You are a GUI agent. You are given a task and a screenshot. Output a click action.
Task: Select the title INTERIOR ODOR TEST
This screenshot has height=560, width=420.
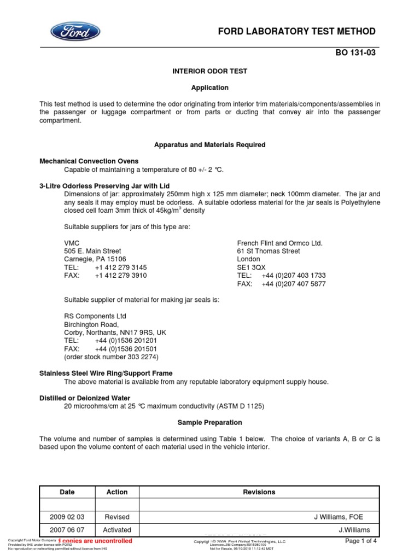click(209, 72)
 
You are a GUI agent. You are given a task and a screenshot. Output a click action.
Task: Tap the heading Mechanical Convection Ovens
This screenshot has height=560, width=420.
click(89, 161)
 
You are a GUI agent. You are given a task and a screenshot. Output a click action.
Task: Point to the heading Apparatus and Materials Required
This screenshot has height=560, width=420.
click(209, 145)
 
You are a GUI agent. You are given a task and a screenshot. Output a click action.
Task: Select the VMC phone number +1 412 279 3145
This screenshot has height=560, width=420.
click(120, 267)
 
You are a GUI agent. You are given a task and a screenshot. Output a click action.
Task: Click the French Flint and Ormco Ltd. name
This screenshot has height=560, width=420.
click(279, 243)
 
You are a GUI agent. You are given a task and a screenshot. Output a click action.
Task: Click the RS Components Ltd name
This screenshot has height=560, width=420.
click(95, 316)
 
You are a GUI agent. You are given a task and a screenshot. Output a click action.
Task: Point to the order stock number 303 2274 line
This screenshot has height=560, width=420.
click(111, 357)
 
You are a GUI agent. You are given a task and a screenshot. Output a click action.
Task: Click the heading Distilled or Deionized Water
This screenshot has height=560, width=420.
click(85, 398)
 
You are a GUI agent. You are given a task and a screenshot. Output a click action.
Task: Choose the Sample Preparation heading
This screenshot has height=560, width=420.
click(209, 423)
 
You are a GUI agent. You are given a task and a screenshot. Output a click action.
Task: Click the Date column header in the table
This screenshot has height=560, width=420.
click(67, 492)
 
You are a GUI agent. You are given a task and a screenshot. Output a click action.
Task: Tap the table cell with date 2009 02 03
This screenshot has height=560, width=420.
click(67, 517)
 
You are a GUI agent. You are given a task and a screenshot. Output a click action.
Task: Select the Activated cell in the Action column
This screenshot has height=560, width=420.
click(117, 530)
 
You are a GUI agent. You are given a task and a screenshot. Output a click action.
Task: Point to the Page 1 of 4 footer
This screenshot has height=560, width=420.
click(361, 541)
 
